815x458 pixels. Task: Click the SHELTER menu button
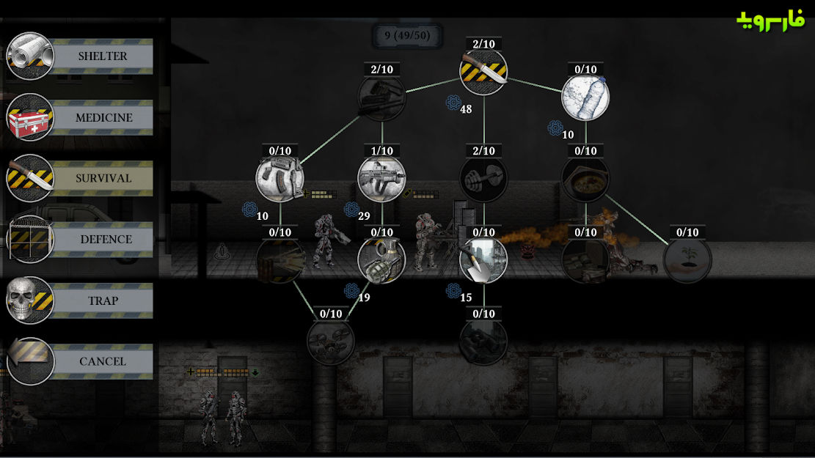[80, 56]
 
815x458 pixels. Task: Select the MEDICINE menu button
[80, 117]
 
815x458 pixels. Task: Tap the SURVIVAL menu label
[103, 178]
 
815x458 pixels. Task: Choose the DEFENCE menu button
[80, 240]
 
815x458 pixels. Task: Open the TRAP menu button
[80, 300]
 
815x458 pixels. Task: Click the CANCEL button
[80, 361]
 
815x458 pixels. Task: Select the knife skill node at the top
[483, 72]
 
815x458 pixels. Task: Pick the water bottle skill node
[586, 97]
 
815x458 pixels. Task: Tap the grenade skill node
[381, 260]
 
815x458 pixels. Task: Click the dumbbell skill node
[483, 179]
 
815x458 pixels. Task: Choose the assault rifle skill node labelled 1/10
[381, 179]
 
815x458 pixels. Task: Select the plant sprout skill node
[687, 260]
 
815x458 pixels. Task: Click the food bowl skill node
[586, 179]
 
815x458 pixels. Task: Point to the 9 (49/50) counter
[408, 36]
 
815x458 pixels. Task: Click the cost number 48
[466, 109]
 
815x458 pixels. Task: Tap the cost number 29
[364, 216]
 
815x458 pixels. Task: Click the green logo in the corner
[771, 21]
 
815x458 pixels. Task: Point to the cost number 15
[466, 298]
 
